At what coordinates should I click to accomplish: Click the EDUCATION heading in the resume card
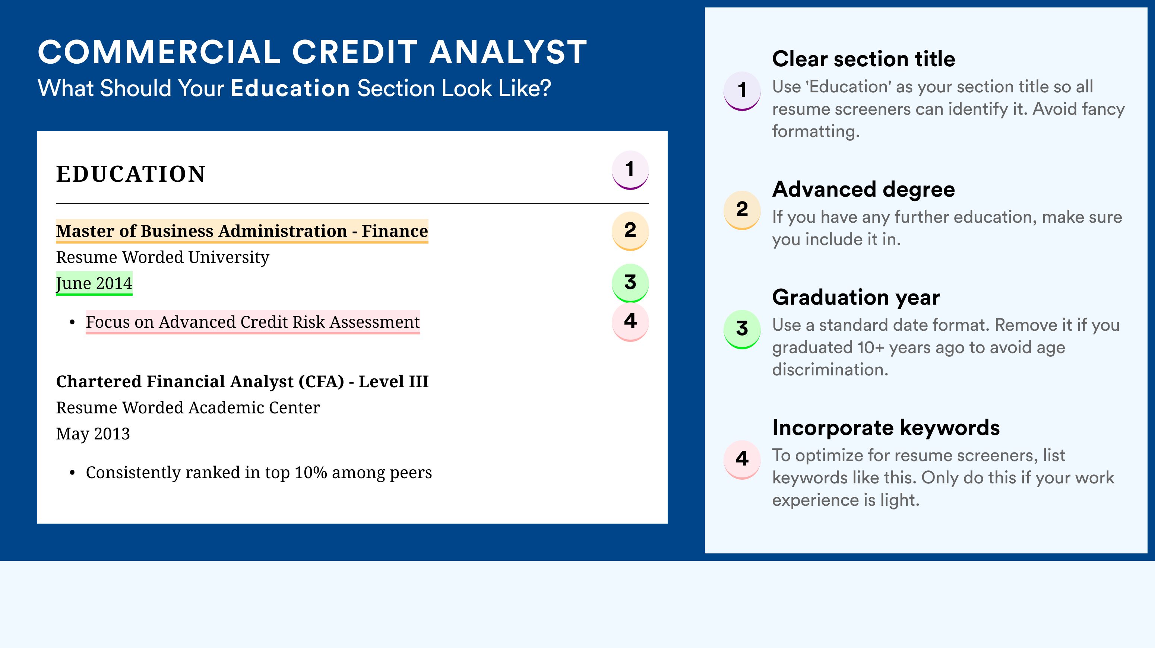pyautogui.click(x=130, y=174)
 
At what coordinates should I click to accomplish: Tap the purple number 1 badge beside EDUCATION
pyautogui.click(x=630, y=170)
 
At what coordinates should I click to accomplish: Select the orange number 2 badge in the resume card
pyautogui.click(x=630, y=231)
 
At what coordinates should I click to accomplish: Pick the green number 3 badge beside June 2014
pyautogui.click(x=630, y=283)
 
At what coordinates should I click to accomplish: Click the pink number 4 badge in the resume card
pyautogui.click(x=630, y=322)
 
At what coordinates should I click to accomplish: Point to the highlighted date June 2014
pyautogui.click(x=94, y=283)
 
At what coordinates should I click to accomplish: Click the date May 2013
pyautogui.click(x=93, y=434)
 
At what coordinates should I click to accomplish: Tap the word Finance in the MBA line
pyautogui.click(x=395, y=231)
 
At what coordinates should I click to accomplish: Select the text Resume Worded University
pyautogui.click(x=162, y=257)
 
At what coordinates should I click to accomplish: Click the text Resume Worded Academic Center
pyautogui.click(x=188, y=408)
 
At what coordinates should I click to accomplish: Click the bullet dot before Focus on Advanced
pyautogui.click(x=72, y=323)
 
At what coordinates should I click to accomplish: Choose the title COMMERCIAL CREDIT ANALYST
pyautogui.click(x=313, y=52)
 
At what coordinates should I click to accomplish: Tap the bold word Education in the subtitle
pyautogui.click(x=290, y=88)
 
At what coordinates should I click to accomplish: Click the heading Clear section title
pyautogui.click(x=864, y=59)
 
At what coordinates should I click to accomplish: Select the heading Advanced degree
pyautogui.click(x=864, y=190)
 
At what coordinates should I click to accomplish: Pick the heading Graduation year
pyautogui.click(x=856, y=298)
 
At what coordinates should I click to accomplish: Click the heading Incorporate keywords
pyautogui.click(x=886, y=428)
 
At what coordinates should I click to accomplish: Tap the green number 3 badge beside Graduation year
pyautogui.click(x=742, y=329)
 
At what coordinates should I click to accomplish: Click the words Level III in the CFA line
pyautogui.click(x=394, y=381)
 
